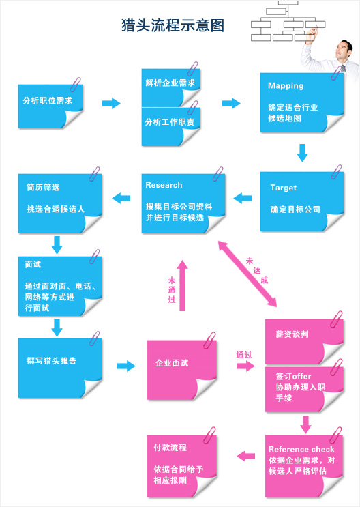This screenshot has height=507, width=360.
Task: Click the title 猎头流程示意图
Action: pyautogui.click(x=172, y=25)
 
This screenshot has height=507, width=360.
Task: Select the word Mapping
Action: pyautogui.click(x=286, y=86)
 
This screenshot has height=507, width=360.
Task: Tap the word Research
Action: pyautogui.click(x=164, y=185)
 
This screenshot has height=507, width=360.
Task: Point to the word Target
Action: pyautogui.click(x=284, y=188)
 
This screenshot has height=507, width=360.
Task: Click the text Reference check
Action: pyautogui.click(x=301, y=449)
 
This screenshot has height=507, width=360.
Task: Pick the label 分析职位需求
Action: pyautogui.click(x=48, y=100)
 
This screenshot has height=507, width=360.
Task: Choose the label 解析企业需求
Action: pyautogui.click(x=170, y=83)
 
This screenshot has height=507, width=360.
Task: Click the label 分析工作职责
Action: pyautogui.click(x=170, y=122)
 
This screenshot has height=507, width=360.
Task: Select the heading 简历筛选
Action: pyautogui.click(x=44, y=187)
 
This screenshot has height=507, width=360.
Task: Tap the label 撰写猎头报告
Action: pyautogui.click(x=52, y=361)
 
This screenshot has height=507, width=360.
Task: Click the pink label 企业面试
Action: pyautogui.click(x=172, y=363)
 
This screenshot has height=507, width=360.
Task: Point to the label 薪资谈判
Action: pyautogui.click(x=292, y=334)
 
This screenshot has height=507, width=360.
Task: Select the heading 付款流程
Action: pyautogui.click(x=170, y=448)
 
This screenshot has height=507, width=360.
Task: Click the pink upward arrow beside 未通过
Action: pyautogui.click(x=182, y=285)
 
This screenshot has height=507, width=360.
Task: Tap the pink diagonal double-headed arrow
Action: pyautogui.click(x=247, y=274)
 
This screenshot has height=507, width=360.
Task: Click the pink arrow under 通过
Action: pyautogui.click(x=245, y=366)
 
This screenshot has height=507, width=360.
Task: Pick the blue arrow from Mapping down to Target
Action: pyautogui.click(x=303, y=153)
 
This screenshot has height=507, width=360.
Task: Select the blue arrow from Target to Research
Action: pyautogui.click(x=242, y=198)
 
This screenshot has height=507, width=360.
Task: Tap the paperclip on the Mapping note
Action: pyautogui.click(x=336, y=72)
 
